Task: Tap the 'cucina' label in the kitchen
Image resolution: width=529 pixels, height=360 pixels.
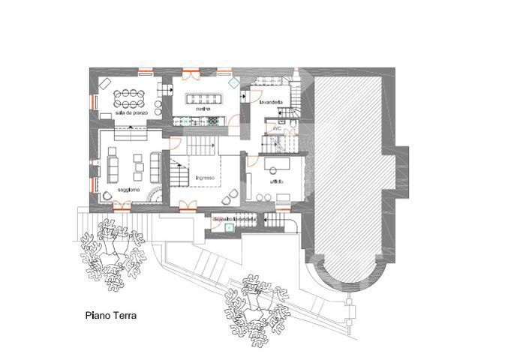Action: click(x=203, y=109)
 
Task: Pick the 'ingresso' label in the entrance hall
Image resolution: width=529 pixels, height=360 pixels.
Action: click(x=205, y=178)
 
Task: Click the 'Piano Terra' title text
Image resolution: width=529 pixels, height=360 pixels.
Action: click(x=110, y=316)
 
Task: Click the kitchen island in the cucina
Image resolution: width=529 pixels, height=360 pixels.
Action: click(x=203, y=97)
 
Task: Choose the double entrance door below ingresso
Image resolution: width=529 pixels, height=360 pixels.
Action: click(x=187, y=205)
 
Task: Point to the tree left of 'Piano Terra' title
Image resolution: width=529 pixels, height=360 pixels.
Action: click(x=111, y=253)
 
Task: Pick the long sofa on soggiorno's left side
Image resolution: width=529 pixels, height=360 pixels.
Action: click(x=113, y=164)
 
